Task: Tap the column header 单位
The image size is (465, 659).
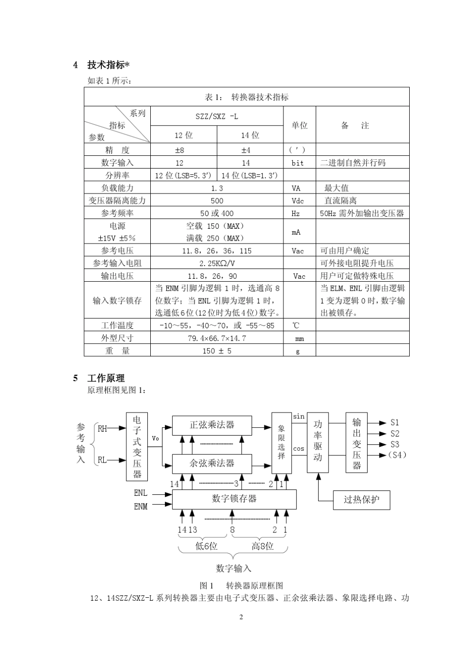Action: click(299, 125)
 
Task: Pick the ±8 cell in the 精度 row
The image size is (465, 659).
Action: click(179, 150)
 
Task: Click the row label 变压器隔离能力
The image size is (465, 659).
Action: click(117, 200)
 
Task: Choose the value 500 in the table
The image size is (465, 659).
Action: click(217, 200)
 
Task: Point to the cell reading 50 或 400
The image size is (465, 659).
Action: click(217, 213)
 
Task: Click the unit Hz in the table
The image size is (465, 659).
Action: click(296, 213)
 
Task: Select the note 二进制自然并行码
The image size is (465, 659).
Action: click(352, 163)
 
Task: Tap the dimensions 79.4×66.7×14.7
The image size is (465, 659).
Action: click(217, 338)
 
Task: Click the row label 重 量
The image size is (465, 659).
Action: click(117, 351)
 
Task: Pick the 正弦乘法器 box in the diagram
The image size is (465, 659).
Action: click(212, 425)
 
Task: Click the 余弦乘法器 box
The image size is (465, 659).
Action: click(212, 463)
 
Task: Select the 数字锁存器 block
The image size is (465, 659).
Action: click(234, 499)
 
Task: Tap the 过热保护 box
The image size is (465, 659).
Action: click(361, 500)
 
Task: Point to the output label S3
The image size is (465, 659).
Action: click(395, 444)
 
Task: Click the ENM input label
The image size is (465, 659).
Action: click(140, 506)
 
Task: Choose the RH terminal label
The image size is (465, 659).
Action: click(102, 428)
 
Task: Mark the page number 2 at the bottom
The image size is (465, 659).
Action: click(241, 616)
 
